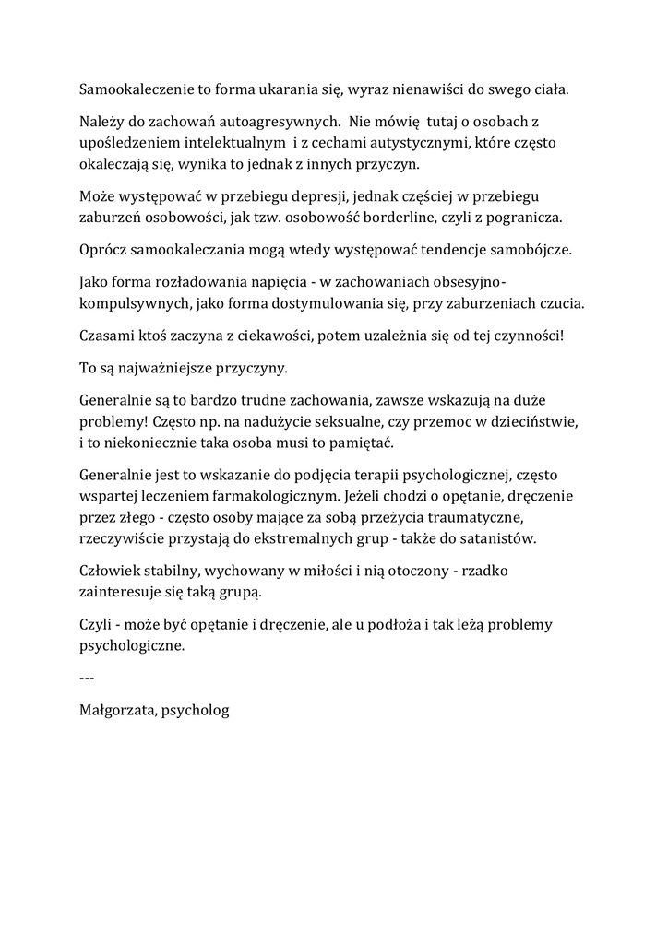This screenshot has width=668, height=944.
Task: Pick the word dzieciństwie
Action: click(x=533, y=421)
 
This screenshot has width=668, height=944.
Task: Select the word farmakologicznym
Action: click(x=268, y=496)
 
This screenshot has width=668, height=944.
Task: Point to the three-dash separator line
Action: click(x=88, y=678)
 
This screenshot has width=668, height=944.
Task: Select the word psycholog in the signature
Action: click(x=195, y=711)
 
